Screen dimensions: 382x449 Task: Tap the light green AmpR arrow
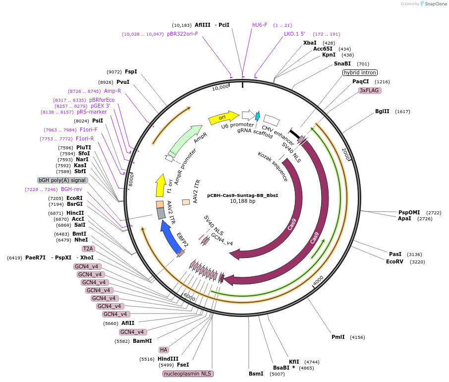[x=186, y=141]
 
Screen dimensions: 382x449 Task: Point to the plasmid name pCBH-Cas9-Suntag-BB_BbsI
[x=242, y=195]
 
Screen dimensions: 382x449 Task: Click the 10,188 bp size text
[x=242, y=201]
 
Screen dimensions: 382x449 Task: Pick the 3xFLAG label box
[x=370, y=90]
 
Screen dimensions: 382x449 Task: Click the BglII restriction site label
[x=382, y=112]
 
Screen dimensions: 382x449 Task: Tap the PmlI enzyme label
[x=338, y=337]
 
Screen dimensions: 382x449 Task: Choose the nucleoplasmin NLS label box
[x=188, y=374]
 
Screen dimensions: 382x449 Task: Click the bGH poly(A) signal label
[x=62, y=180]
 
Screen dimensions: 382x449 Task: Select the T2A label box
[x=88, y=249]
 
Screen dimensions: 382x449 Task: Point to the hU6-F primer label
[x=260, y=25]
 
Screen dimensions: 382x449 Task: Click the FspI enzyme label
[x=131, y=71]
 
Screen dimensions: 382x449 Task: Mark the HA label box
[x=164, y=350]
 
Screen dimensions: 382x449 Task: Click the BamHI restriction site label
[x=142, y=341]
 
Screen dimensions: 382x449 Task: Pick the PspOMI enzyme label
[x=409, y=212]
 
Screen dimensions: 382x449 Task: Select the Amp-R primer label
[x=112, y=91]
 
